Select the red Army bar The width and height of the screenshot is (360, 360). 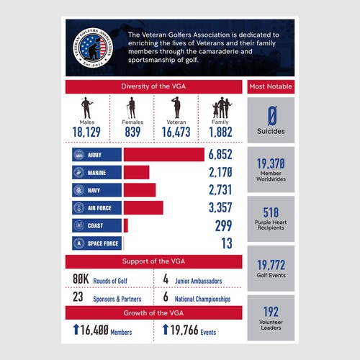pyautogui.click(x=163, y=154)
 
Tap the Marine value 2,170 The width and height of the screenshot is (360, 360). pyautogui.click(x=218, y=172)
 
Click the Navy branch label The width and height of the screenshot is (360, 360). pyautogui.click(x=94, y=190)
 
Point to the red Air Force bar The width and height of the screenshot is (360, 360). pyautogui.click(x=143, y=207)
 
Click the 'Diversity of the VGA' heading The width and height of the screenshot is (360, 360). pyautogui.click(x=153, y=87)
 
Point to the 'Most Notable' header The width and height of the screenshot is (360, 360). pyautogui.click(x=270, y=87)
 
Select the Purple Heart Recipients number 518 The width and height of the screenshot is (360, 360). pyautogui.click(x=271, y=212)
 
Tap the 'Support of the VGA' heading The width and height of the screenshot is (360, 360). pyautogui.click(x=153, y=261)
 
